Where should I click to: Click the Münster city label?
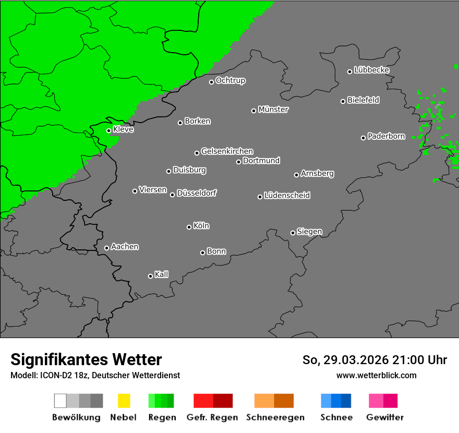[x=273, y=110]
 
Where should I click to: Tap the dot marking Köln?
[x=189, y=227]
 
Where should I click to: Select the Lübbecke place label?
[x=371, y=70]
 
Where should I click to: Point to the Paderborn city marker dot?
[x=364, y=138]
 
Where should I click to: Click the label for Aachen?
[x=125, y=247]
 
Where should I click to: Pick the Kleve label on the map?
[x=123, y=129]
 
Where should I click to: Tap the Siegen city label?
[x=309, y=232]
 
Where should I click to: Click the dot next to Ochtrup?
[x=211, y=82]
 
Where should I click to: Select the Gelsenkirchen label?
[x=227, y=151]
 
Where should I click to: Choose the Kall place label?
[x=161, y=274]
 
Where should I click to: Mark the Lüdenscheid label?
[x=287, y=196]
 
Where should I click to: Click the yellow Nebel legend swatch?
[x=124, y=401]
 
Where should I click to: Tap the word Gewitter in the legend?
[x=384, y=417]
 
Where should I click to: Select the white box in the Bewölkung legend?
[x=60, y=401]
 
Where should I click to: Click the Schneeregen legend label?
[x=274, y=417]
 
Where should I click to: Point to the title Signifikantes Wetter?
[x=86, y=360]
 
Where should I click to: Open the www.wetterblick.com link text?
[x=376, y=375]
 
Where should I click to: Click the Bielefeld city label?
[x=363, y=100]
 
